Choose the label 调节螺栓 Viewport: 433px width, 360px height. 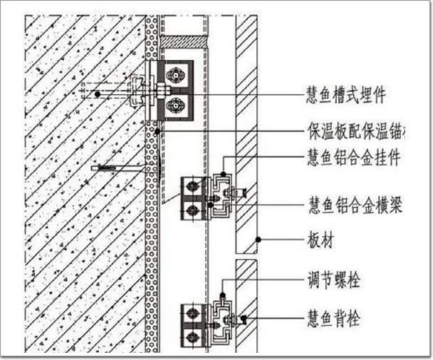point(333,280)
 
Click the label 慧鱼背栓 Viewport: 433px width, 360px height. point(333,319)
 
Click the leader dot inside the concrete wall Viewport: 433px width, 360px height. point(97,94)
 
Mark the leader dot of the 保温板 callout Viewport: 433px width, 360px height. point(157,130)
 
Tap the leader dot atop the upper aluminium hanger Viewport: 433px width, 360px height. point(223,173)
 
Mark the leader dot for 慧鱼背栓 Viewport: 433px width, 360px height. point(244,319)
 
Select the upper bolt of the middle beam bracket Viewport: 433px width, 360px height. point(190,187)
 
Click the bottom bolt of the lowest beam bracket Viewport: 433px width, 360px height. point(190,333)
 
